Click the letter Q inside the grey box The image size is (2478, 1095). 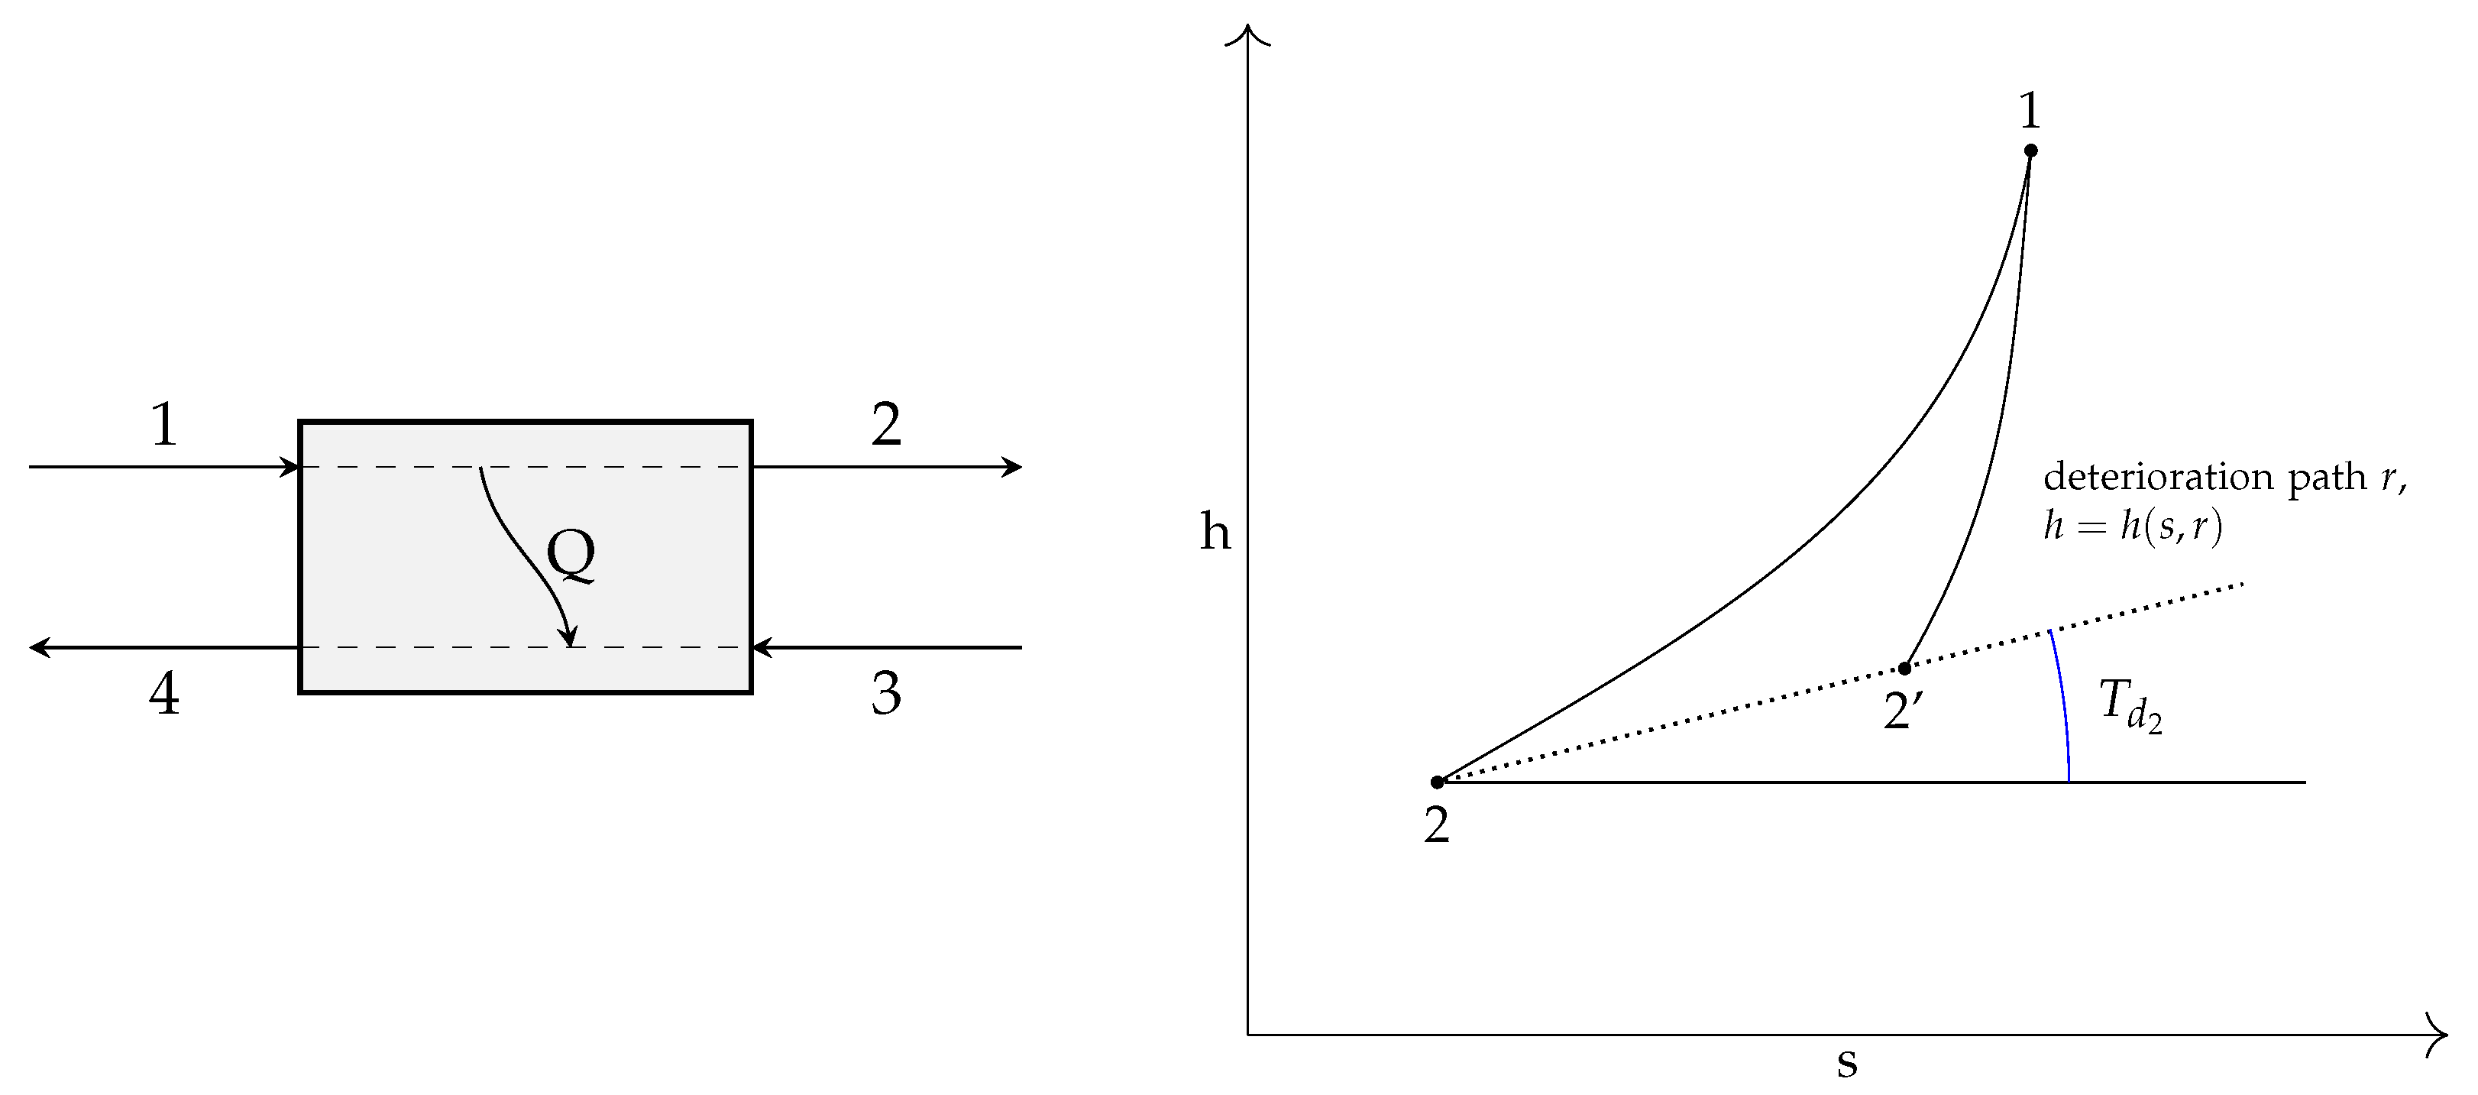(x=570, y=556)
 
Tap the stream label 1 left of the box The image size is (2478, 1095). (x=164, y=424)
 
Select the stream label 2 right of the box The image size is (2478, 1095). (x=886, y=424)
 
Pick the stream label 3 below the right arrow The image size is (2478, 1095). (x=886, y=693)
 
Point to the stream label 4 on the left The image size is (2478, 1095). (x=164, y=693)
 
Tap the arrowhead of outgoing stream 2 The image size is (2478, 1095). (x=1014, y=467)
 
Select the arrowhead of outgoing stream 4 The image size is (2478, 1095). (x=38, y=647)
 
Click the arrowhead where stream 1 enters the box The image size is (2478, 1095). (x=292, y=467)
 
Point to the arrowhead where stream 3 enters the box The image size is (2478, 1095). (x=761, y=647)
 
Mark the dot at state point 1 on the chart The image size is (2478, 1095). (x=2030, y=150)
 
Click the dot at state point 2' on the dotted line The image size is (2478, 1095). (x=1904, y=669)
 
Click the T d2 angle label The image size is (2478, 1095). (x=2130, y=705)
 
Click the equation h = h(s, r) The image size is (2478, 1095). (x=2132, y=527)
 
